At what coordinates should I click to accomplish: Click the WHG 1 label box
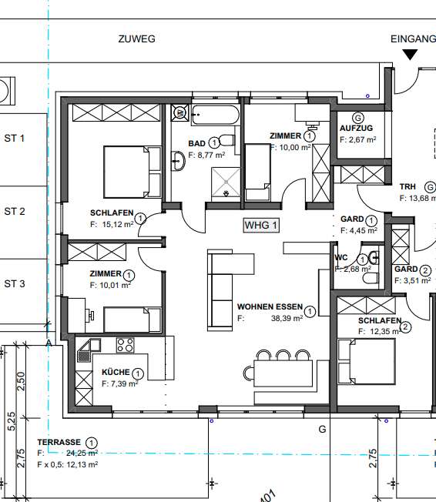pos(260,226)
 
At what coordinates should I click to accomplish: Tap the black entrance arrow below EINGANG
pos(410,54)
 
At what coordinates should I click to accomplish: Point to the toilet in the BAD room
pos(226,140)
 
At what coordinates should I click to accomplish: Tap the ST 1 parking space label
pos(15,139)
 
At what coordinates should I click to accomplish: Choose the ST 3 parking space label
pos(15,283)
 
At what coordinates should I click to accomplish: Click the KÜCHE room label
pos(116,373)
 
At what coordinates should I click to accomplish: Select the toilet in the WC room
pos(373,258)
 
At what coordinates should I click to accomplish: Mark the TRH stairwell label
pos(407,187)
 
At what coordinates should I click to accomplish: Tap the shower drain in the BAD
pos(226,193)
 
